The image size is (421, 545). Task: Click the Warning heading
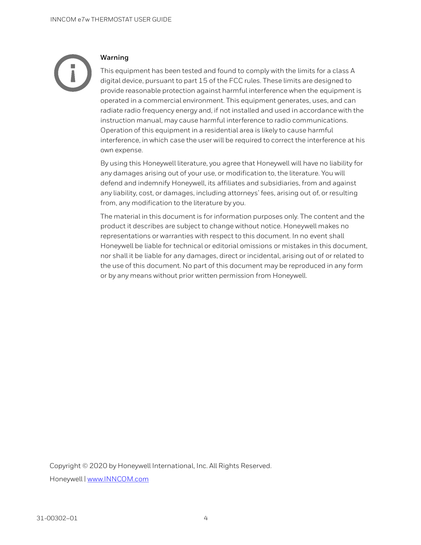[x=114, y=57]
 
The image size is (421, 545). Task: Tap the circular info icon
[x=73, y=73]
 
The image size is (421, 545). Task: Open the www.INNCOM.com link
[x=118, y=479]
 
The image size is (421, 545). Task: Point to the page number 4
[x=206, y=518]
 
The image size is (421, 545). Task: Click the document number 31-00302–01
[x=57, y=518]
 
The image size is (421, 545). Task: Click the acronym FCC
[x=236, y=81]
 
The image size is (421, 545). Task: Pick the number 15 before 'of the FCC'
[x=203, y=81]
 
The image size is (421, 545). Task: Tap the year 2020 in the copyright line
[x=98, y=466]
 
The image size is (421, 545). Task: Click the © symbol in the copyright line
[x=85, y=466]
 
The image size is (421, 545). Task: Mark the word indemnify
[x=154, y=183]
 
